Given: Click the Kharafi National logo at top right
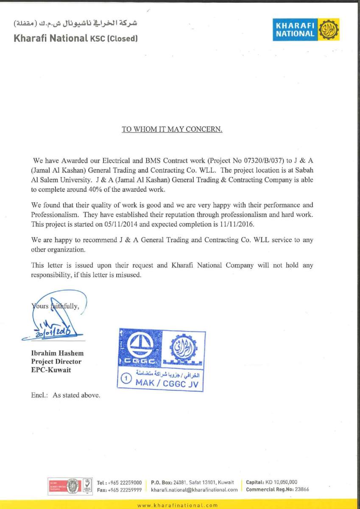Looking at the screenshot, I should pos(306,30).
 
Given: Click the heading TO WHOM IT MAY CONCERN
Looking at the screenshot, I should pos(172,129).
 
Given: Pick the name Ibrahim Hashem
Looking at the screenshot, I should pos(57,353).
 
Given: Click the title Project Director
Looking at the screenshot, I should pos(56,361).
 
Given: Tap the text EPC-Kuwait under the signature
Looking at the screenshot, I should pos(51,369).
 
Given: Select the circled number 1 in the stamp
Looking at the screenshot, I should pos(126,380).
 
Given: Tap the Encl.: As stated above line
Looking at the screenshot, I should pos(66,395).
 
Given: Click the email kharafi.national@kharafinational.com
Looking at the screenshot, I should pos(194,489).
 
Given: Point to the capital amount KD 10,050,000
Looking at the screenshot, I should pos(281,482).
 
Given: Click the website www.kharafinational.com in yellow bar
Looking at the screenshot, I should pos(178,505).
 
